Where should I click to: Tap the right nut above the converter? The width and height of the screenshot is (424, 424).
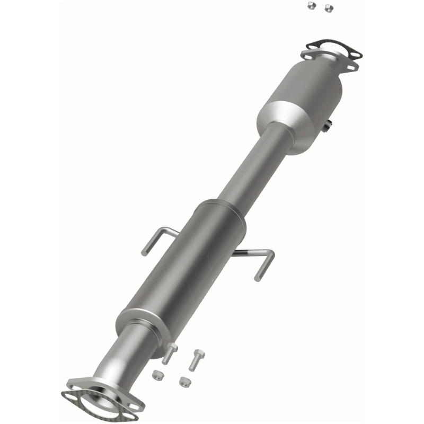[329, 7]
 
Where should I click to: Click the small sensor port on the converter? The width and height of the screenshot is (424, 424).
[328, 125]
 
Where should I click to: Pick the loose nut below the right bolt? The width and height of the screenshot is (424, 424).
[184, 381]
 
